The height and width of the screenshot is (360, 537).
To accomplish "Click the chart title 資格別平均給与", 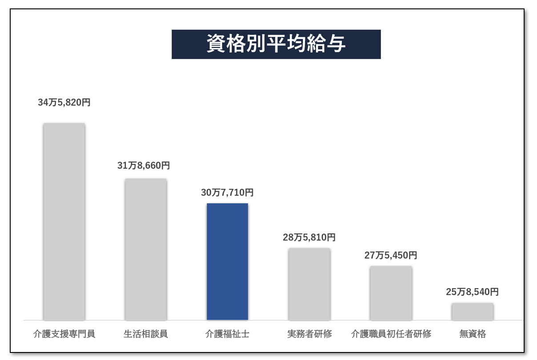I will [276, 44].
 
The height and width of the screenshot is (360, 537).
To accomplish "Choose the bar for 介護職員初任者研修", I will [391, 293].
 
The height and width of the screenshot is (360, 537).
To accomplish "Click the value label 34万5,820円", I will [64, 102].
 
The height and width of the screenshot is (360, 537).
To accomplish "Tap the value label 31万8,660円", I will [144, 166].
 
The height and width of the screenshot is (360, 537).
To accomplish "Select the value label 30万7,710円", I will [227, 192].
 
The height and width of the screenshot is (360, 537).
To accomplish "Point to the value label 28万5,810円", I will [309, 237].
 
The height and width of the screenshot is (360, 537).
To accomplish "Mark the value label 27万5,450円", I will [391, 256].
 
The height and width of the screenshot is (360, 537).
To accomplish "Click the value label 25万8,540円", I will [472, 292].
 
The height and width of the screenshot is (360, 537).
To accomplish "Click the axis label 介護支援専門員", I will [64, 334].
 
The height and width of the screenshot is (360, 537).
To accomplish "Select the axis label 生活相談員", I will [146, 334].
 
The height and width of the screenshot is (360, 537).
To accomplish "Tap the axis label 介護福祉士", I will [227, 334].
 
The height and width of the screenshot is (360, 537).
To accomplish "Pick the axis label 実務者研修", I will [309, 334].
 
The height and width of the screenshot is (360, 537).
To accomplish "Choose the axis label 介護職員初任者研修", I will [391, 334].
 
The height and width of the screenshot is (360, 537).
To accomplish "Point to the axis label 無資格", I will [473, 334].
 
